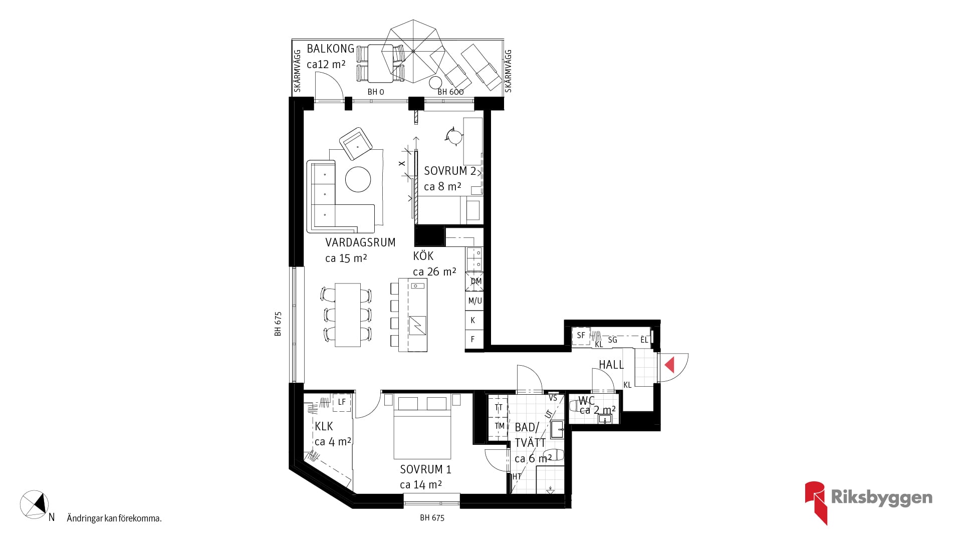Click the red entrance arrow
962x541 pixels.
pyautogui.click(x=670, y=365)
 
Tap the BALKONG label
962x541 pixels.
pyautogui.click(x=331, y=49)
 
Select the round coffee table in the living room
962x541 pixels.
pyautogui.click(x=358, y=179)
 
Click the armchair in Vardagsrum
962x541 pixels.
pyautogui.click(x=356, y=143)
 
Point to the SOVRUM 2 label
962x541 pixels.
pyautogui.click(x=450, y=171)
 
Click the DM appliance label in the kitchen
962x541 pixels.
pyautogui.click(x=476, y=281)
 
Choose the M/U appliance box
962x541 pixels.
pyautogui.click(x=474, y=301)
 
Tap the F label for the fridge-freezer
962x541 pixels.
pyautogui.click(x=472, y=339)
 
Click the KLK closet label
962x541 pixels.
pyautogui.click(x=324, y=426)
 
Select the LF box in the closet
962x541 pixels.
pyautogui.click(x=342, y=402)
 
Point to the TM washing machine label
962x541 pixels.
pyautogui.click(x=500, y=426)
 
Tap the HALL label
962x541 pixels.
pyautogui.click(x=611, y=365)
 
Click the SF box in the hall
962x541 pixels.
pyautogui.click(x=581, y=336)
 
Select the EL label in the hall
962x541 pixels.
pyautogui.click(x=644, y=340)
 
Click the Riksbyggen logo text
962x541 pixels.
pyautogui.click(x=881, y=497)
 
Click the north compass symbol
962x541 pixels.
pyautogui.click(x=34, y=503)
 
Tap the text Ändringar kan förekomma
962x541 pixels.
pyautogui.click(x=114, y=518)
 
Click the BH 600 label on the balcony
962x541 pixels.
pyautogui.click(x=450, y=92)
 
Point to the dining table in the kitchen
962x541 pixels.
pyautogui.click(x=348, y=315)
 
